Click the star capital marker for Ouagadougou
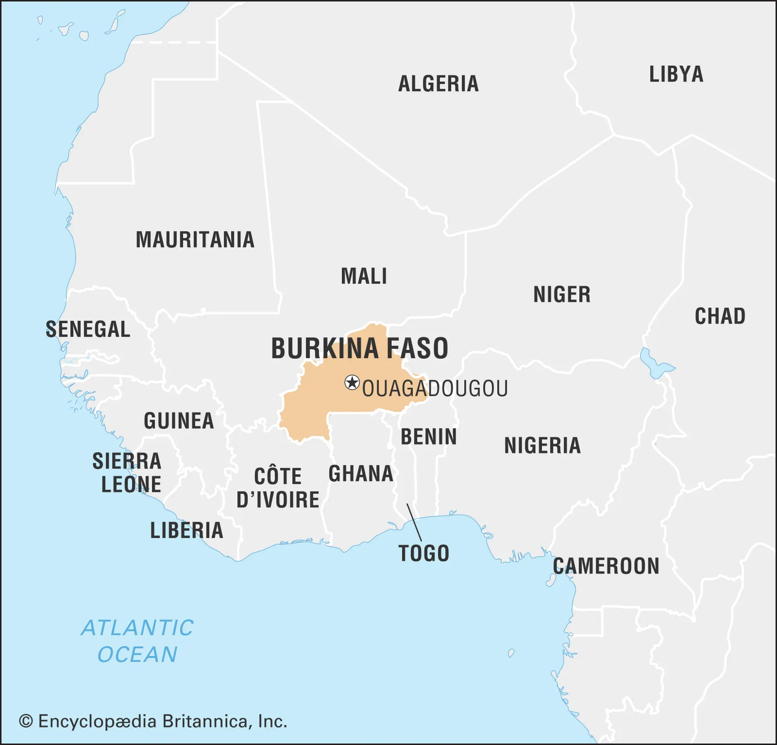click(352, 382)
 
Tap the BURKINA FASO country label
click(359, 348)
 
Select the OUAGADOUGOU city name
click(435, 389)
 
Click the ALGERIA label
click(438, 84)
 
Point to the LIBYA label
click(676, 74)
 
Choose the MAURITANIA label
click(195, 240)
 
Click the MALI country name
click(364, 277)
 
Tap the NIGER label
click(562, 295)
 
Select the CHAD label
click(720, 316)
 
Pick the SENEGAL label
click(88, 329)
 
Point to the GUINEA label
click(179, 421)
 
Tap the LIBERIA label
click(186, 530)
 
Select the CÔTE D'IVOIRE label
click(278, 488)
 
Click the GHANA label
click(361, 474)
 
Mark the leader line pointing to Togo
click(414, 522)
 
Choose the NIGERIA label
click(542, 446)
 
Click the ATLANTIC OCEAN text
click(137, 641)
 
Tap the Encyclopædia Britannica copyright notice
click(153, 721)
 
